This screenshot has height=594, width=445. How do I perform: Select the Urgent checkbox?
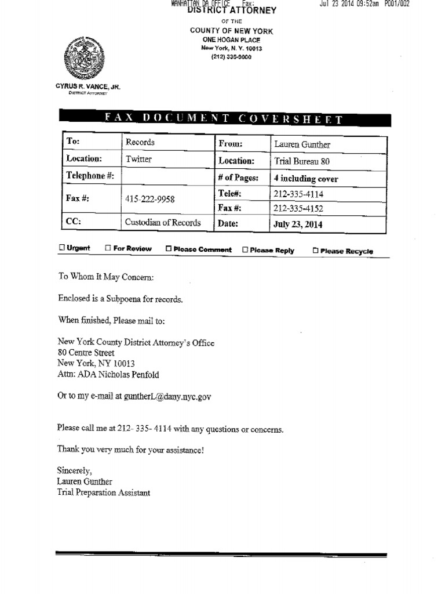coord(62,248)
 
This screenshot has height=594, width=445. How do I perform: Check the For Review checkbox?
coord(108,248)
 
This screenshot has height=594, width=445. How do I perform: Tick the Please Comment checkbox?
coord(169,249)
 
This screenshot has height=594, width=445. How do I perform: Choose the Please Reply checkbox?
coord(245,250)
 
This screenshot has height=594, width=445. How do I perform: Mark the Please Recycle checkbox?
coord(315,251)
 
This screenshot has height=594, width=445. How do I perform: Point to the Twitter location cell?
coord(138,159)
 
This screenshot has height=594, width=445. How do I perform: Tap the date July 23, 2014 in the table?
coord(298,224)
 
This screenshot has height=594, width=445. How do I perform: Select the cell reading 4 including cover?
coord(305,179)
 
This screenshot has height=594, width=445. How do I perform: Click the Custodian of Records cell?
coord(163,222)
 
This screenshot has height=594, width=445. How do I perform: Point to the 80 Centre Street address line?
coord(86,353)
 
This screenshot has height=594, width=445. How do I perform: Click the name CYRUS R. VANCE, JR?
coord(87,86)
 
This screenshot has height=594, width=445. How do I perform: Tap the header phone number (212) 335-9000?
coord(231,57)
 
